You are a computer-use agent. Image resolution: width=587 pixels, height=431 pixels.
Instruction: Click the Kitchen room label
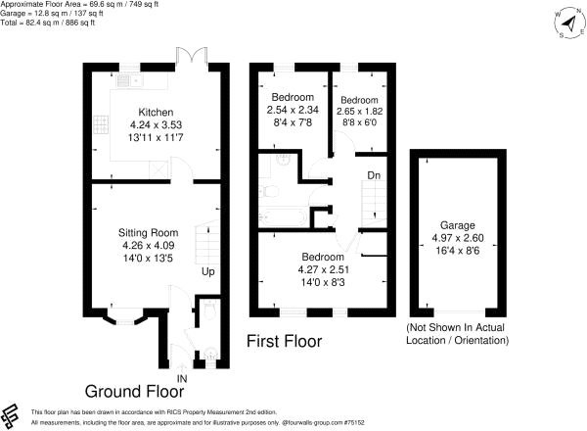pos(157,112)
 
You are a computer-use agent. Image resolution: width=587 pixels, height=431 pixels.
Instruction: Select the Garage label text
pos(458,223)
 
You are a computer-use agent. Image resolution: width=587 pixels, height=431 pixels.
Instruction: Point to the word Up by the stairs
pos(208,271)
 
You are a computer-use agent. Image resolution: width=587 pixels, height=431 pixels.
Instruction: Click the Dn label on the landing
pos(375,176)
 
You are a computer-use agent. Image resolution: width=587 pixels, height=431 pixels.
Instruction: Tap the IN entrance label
pos(181,378)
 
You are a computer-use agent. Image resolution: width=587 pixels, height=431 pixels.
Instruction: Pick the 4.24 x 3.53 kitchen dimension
pos(157,125)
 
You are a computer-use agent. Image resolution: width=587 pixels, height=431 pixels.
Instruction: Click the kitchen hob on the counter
pos(100,124)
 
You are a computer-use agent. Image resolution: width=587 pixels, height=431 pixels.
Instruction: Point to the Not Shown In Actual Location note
pos(458,333)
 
